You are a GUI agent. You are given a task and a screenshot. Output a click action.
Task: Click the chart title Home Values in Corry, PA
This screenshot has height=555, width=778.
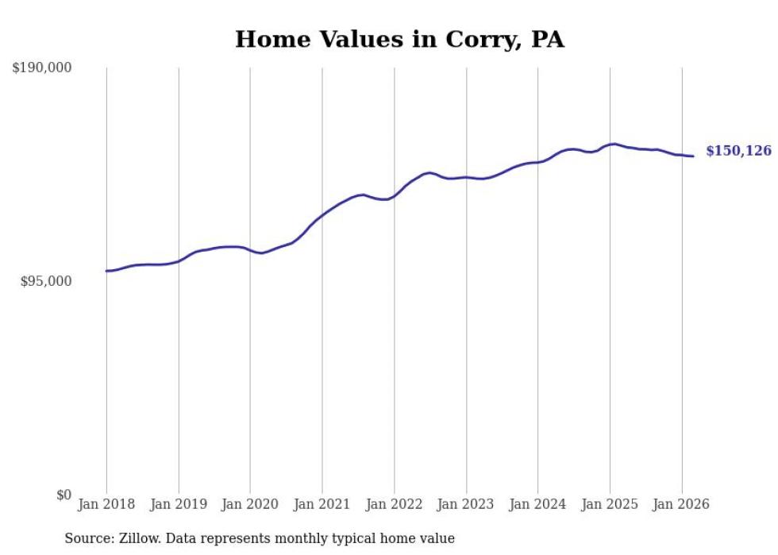tap(399, 39)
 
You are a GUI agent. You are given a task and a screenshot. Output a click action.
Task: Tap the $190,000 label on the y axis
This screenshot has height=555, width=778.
tap(42, 68)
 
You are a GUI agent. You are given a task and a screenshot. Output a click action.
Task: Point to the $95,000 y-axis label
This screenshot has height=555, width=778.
tap(45, 282)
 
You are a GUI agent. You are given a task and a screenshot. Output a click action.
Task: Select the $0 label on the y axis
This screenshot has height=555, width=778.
tap(64, 495)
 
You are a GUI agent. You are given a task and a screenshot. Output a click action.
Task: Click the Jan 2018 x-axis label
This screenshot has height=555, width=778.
tap(106, 504)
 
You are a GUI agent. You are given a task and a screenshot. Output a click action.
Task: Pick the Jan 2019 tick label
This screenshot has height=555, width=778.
tap(179, 504)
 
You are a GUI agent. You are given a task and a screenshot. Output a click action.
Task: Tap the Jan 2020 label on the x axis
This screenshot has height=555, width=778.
tap(250, 504)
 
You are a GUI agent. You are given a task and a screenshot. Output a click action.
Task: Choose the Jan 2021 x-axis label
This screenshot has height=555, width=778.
tap(322, 504)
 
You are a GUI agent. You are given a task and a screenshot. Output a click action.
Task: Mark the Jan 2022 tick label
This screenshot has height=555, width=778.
tap(395, 504)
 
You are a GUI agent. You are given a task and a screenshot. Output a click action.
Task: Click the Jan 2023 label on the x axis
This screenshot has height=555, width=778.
tap(466, 504)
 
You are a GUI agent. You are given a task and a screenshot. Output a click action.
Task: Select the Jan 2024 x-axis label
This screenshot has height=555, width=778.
tap(538, 504)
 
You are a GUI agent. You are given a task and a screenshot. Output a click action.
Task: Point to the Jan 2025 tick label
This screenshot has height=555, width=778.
tap(610, 504)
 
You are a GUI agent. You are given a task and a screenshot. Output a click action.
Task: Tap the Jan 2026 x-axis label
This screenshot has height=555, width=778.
tap(682, 504)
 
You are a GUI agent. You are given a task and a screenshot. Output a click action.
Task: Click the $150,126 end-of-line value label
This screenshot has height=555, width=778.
tap(738, 151)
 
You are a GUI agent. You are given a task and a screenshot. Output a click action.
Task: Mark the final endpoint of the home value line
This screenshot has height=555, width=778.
tap(693, 156)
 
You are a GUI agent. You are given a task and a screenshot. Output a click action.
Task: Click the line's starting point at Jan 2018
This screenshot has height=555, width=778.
tap(106, 271)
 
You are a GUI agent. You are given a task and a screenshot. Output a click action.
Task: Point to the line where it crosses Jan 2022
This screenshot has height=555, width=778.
tap(395, 195)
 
